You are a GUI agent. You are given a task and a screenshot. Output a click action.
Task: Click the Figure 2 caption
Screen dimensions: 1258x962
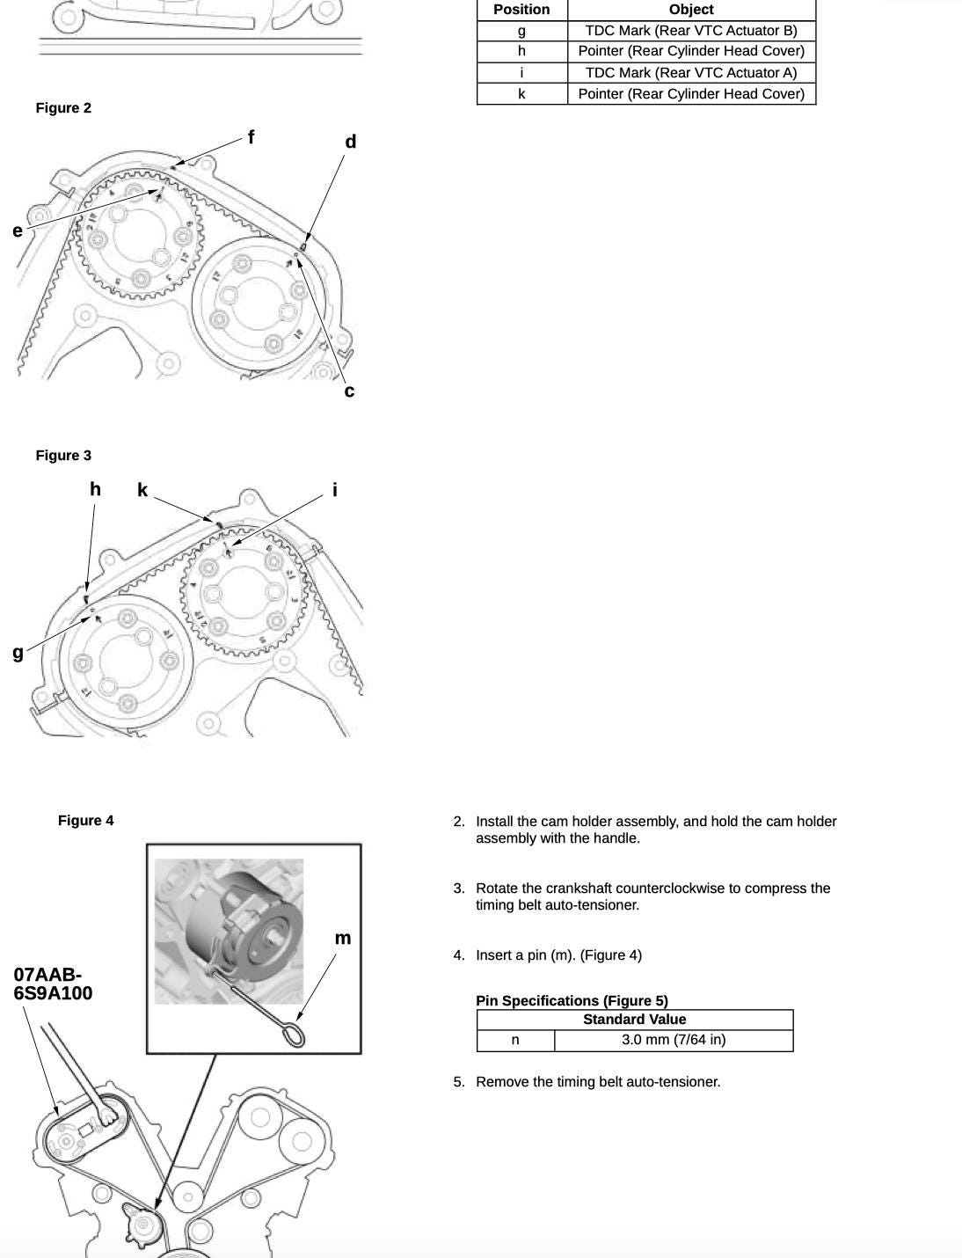click(63, 108)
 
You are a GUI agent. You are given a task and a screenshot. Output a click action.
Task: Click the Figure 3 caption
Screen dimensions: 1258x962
click(63, 456)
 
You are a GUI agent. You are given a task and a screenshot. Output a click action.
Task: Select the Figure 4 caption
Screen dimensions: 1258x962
click(85, 821)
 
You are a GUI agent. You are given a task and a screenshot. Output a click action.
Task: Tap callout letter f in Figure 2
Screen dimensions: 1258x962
click(251, 137)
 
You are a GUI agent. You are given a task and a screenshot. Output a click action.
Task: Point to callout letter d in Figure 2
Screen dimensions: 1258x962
click(351, 142)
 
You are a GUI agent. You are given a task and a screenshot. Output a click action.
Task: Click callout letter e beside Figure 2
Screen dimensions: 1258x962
click(18, 231)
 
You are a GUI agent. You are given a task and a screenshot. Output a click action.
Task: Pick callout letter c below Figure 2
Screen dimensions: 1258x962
click(349, 391)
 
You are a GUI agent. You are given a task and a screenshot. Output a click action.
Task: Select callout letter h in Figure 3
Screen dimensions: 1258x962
click(95, 489)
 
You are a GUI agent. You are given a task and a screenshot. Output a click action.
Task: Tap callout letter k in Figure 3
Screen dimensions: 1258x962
click(142, 490)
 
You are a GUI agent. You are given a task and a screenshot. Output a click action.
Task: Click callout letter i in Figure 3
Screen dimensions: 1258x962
click(335, 490)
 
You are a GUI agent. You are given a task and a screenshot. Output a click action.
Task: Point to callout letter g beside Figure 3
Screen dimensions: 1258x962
click(18, 652)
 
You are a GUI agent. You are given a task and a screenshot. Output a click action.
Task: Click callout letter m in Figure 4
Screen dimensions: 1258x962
click(343, 939)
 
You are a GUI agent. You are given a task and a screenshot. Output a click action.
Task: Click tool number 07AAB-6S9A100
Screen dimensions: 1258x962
click(53, 984)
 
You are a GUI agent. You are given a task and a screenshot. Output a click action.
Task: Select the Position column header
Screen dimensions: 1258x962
click(521, 10)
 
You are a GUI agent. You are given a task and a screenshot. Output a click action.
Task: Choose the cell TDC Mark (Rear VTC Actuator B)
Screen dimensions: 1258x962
click(691, 31)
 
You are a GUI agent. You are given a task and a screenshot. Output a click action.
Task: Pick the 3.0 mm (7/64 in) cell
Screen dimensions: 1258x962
click(674, 1040)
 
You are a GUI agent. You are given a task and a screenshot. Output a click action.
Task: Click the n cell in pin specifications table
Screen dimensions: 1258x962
click(515, 1040)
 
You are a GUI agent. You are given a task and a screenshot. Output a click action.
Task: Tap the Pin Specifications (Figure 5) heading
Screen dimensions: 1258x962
click(572, 1001)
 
